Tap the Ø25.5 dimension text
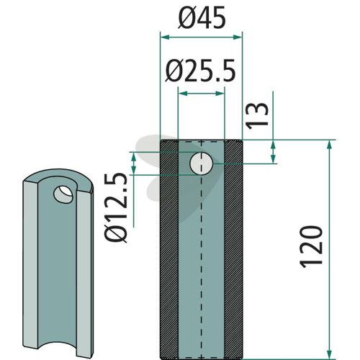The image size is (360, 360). click(201, 71)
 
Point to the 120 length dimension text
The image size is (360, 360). click(311, 247)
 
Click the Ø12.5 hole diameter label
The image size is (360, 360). click(116, 207)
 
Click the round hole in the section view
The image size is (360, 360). click(201, 163)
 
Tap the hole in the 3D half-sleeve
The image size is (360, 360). click(63, 194)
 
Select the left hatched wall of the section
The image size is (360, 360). click(169, 250)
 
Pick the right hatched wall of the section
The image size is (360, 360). click(233, 250)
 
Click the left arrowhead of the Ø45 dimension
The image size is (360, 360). click(165, 37)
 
